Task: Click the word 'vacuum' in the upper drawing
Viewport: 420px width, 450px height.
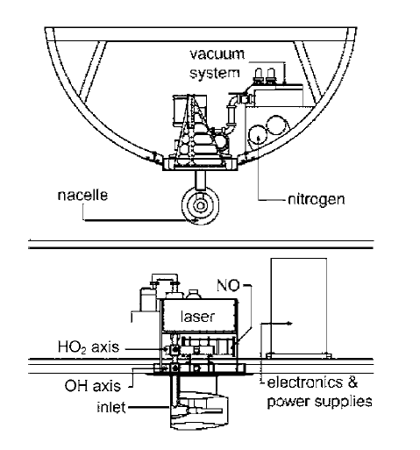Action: pos(217,54)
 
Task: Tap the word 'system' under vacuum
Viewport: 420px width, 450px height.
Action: pos(215,73)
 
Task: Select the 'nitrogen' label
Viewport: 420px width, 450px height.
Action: pos(317,200)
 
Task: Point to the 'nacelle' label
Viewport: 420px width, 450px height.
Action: pos(82,195)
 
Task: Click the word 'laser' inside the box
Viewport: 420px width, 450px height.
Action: pos(198,317)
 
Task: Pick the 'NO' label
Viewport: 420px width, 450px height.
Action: pos(228,285)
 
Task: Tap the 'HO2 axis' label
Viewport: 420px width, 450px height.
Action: pos(89,347)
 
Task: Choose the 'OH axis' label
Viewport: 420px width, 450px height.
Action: pos(93,386)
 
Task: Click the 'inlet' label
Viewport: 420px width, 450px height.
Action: pos(111,407)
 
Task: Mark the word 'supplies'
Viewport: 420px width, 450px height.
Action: pos(344,402)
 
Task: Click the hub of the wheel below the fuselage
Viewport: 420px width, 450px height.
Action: pos(200,205)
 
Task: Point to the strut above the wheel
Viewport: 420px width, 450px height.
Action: pos(201,180)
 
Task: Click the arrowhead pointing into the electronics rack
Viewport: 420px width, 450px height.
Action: pos(289,323)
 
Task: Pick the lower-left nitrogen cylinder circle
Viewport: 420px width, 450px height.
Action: pos(258,135)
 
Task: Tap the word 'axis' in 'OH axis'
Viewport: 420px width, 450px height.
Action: pos(107,386)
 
